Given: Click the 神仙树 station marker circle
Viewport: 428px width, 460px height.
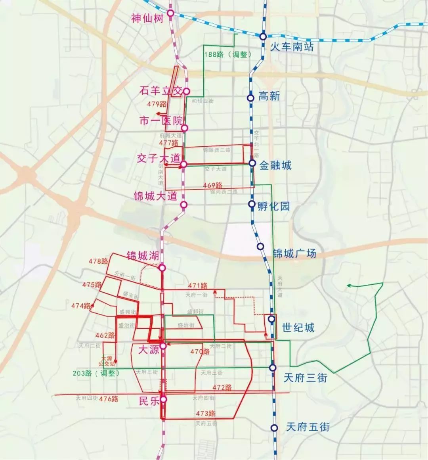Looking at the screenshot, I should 171,13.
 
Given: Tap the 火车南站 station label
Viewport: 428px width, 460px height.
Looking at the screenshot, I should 292,47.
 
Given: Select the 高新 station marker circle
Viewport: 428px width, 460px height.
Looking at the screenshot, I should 250,98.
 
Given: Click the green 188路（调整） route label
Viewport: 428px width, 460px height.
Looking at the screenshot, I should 228,55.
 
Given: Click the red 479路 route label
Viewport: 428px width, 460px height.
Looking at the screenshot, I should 157,104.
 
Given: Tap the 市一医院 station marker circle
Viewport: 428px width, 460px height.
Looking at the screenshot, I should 185,128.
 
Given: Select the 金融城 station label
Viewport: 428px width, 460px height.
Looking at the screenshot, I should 275,165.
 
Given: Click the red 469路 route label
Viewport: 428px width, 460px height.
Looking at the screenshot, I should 213,186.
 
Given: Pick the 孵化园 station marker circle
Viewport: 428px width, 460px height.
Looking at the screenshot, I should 251,204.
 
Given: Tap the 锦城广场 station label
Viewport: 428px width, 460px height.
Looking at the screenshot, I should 294,253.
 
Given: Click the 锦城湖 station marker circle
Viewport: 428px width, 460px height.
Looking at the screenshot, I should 162,268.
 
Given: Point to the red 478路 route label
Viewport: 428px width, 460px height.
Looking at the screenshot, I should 98,261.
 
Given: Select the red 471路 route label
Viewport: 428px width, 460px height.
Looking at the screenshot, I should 198,286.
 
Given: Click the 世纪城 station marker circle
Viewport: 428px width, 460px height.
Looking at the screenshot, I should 271,319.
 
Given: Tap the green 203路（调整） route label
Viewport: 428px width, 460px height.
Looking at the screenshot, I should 96,373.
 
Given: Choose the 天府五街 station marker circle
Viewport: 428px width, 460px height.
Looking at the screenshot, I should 274,428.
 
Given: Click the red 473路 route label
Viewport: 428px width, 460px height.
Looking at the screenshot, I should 206,414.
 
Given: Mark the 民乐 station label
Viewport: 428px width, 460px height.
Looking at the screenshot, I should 149,401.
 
